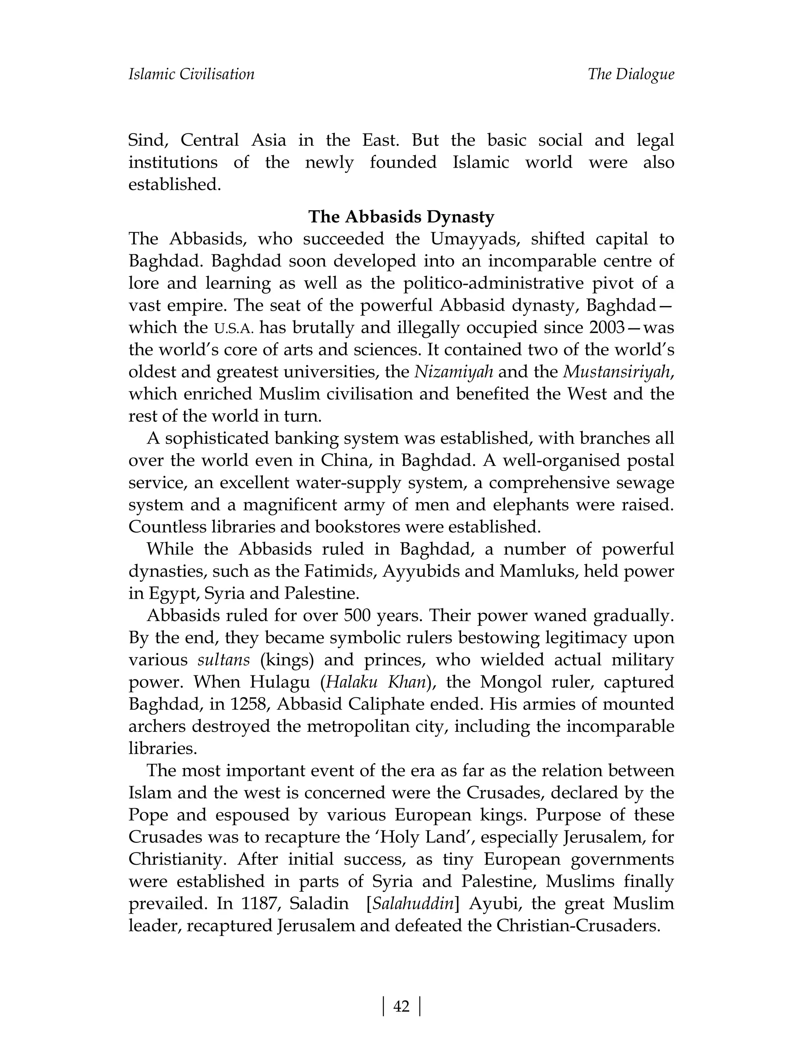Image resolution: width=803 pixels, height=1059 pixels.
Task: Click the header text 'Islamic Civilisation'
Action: [191, 74]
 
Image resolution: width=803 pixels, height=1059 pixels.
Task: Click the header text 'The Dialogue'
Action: [630, 74]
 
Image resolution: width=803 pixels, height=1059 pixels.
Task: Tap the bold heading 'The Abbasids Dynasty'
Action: [401, 217]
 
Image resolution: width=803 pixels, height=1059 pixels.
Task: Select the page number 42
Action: [401, 1007]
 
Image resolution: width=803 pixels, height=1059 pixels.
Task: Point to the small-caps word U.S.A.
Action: [234, 328]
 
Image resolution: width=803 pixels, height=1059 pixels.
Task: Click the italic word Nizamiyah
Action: [453, 371]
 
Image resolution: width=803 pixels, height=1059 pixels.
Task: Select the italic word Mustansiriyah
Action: [617, 371]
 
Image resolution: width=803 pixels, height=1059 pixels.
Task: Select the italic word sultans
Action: [223, 660]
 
